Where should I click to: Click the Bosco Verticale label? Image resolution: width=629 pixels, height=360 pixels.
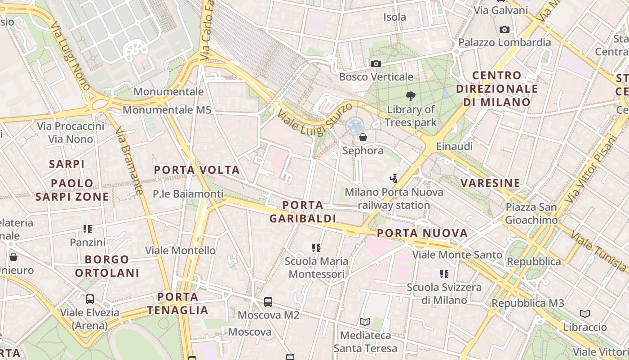(376, 76)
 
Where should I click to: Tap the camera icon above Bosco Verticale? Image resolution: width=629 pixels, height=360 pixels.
(376, 64)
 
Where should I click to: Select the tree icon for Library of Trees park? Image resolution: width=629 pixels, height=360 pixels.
(410, 96)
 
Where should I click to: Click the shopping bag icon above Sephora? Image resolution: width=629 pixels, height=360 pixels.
(363, 137)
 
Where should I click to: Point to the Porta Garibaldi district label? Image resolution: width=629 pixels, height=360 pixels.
(302, 212)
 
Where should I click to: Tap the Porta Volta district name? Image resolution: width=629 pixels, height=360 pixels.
(197, 170)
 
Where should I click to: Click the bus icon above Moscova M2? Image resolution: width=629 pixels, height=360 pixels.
(268, 302)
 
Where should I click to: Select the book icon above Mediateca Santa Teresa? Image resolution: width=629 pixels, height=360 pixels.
(365, 322)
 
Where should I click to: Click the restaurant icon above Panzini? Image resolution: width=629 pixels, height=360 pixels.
(88, 229)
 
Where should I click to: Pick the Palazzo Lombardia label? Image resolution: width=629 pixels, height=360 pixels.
(505, 42)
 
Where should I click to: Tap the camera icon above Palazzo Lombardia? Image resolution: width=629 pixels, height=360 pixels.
(505, 30)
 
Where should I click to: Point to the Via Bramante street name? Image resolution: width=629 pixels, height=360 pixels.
(129, 161)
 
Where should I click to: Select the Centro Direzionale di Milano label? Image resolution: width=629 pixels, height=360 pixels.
(497, 89)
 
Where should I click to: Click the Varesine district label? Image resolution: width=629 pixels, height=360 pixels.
(490, 183)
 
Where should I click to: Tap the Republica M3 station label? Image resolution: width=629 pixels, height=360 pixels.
(527, 303)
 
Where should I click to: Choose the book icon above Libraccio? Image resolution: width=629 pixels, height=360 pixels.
(585, 314)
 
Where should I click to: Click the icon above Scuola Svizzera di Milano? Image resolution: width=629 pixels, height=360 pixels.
(444, 274)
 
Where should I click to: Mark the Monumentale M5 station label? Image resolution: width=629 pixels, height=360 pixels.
(167, 110)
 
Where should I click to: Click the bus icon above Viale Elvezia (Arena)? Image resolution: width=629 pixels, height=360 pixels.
(90, 299)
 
